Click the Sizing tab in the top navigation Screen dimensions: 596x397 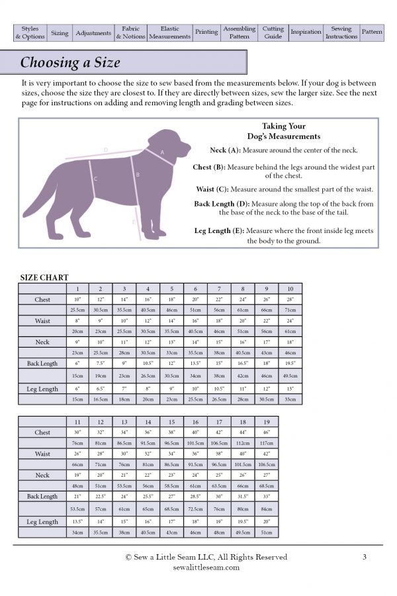(x=60, y=33)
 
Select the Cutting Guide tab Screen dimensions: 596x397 (x=273, y=33)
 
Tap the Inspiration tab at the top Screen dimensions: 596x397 (x=306, y=33)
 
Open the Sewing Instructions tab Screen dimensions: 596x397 (x=341, y=33)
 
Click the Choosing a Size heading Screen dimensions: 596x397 (x=70, y=63)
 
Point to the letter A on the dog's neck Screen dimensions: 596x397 (x=163, y=152)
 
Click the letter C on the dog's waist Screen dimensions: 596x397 (x=96, y=179)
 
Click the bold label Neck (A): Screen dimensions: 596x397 (x=227, y=150)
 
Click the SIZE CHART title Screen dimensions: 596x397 (x=44, y=277)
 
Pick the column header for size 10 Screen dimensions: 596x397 (x=290, y=289)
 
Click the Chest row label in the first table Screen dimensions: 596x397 (x=42, y=300)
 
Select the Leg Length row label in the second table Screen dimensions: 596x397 (x=42, y=522)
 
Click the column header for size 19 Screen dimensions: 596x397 (x=266, y=421)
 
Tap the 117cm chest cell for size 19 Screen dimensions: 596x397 (x=266, y=443)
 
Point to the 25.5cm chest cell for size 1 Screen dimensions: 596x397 (x=77, y=310)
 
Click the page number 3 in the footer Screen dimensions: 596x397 (x=365, y=557)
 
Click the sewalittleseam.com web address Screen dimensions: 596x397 (x=206, y=568)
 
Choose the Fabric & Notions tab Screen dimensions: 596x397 (x=130, y=33)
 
